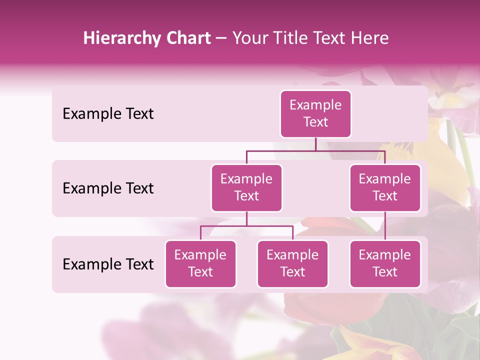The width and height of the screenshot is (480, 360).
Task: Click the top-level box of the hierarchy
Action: (x=315, y=114)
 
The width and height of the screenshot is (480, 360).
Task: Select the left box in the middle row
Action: (x=246, y=188)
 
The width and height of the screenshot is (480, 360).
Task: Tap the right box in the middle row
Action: (x=385, y=188)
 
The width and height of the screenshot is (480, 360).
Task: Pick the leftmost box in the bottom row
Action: (x=200, y=264)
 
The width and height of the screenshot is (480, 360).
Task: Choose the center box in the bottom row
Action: (x=292, y=264)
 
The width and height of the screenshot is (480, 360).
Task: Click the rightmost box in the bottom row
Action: (x=385, y=264)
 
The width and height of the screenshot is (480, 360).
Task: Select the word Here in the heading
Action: (x=370, y=38)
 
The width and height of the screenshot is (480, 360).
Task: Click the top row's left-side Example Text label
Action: (x=108, y=114)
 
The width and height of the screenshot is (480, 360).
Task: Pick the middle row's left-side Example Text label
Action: (x=108, y=188)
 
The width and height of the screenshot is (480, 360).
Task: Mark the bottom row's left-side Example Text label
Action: (x=108, y=264)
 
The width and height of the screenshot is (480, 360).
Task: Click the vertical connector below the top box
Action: (x=315, y=144)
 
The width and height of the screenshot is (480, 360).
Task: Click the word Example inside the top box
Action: (x=315, y=105)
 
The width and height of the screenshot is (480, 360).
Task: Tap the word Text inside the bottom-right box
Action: (x=385, y=272)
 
